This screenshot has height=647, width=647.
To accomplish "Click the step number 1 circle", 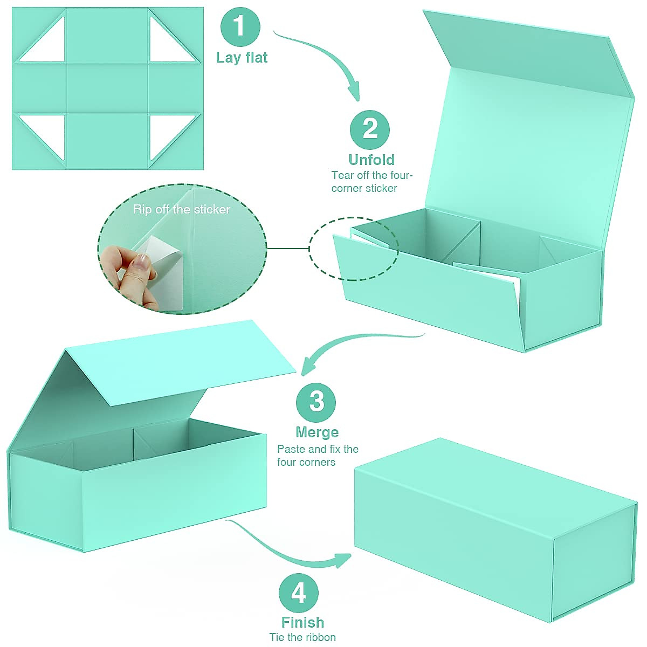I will coord(240,27).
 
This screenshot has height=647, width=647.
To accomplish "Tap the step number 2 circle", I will coord(370,129).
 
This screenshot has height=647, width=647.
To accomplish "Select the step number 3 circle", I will coord(316,402).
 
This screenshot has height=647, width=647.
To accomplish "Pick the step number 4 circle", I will coord(299,593).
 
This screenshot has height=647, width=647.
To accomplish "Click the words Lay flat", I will coord(242,58).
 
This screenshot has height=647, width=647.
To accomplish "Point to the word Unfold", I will coord(371,160).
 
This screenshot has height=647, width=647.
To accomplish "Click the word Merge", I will coord(317,432).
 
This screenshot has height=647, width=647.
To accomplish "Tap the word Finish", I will coord(302,622).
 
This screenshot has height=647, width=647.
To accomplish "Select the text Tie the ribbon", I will coord(302,637).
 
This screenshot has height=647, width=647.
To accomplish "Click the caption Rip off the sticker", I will coord(182,209).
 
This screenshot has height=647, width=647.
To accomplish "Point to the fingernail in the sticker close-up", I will coord(142,263).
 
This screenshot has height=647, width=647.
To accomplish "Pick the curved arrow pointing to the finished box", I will coord(291,550).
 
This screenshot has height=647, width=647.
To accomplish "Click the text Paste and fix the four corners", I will coord(318,456).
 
